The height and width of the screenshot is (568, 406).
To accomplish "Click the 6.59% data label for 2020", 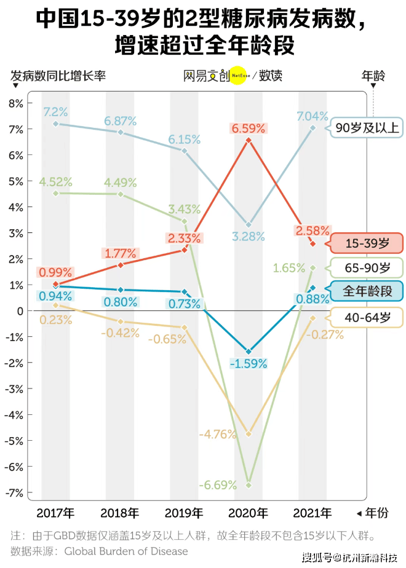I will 249,128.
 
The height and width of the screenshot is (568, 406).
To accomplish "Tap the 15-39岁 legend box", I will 367,243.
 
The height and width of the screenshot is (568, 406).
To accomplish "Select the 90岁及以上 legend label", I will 367,128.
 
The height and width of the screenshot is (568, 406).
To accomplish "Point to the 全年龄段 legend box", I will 367,291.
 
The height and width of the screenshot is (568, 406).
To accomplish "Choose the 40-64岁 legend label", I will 367,317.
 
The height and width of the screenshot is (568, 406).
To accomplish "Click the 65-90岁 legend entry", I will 367,267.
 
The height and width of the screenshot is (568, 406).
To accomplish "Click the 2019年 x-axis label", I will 184,513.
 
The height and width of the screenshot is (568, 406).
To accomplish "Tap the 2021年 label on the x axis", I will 313,513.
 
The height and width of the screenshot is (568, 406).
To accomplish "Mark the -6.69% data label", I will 218,485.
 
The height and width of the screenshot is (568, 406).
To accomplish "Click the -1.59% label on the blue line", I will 249,364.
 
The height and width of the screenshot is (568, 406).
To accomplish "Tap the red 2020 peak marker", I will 249,140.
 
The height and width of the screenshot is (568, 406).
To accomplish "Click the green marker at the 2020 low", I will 249,485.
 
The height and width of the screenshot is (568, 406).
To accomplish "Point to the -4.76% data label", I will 218,434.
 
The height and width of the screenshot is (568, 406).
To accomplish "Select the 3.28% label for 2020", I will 249,236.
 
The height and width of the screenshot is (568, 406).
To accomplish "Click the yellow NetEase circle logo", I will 239,76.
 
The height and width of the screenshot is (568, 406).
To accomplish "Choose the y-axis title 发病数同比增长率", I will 58,76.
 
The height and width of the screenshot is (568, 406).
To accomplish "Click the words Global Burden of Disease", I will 126,551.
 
